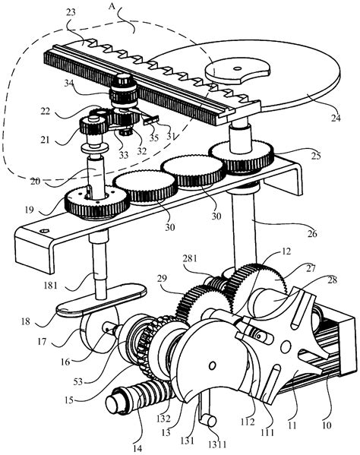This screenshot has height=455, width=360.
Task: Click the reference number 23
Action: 71,12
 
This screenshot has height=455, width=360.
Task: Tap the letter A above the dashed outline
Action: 112,6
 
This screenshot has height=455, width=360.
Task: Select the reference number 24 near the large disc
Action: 336,118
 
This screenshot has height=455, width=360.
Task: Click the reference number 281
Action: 190,258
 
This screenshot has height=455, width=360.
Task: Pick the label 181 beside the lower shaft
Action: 50,286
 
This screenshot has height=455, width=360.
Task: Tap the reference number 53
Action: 77,381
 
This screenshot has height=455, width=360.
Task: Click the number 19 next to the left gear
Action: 30,210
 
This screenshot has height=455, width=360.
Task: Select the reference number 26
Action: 312,233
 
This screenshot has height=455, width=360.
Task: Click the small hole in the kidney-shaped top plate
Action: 238,69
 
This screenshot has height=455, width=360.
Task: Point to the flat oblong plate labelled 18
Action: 102,300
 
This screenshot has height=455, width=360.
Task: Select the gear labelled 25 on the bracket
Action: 242,156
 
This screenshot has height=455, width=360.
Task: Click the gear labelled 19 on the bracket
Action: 97,202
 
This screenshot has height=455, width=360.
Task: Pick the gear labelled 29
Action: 203,305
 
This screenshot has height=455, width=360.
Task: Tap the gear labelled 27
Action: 255,283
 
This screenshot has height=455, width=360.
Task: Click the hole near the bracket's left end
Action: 44,231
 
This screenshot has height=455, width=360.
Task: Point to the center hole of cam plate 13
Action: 213,365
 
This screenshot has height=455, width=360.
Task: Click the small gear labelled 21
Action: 93,125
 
